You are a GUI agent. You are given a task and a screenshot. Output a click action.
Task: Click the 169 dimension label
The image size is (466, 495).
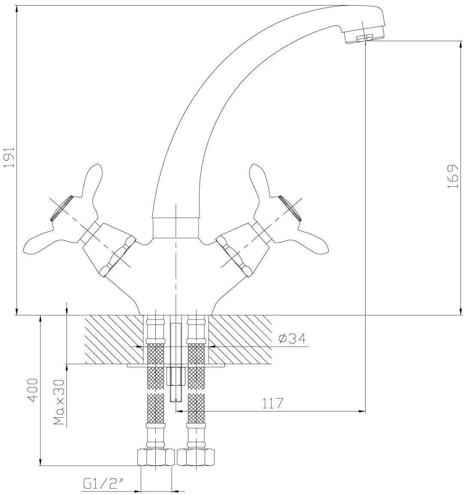click(x=452, y=177)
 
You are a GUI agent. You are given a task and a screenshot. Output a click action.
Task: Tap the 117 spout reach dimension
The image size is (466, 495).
click(x=273, y=404)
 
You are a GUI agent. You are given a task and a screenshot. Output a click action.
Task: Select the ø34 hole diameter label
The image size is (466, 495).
click(x=292, y=339)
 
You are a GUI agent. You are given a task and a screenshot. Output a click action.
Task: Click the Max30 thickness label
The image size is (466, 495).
click(x=59, y=402)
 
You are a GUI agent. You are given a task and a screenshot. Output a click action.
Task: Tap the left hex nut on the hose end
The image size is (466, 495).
click(x=156, y=456)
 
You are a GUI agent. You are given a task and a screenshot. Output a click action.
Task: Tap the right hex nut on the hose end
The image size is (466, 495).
click(x=196, y=456)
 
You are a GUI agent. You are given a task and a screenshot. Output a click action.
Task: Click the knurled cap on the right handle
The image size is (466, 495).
click(x=290, y=208)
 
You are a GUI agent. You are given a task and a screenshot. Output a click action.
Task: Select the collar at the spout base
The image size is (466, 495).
click(x=176, y=227)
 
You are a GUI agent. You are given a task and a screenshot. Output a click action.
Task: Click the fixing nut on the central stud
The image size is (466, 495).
click(x=176, y=376)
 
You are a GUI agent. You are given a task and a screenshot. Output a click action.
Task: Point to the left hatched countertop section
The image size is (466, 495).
click(x=113, y=340)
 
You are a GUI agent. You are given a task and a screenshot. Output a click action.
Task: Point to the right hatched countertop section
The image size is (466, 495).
click(x=240, y=340)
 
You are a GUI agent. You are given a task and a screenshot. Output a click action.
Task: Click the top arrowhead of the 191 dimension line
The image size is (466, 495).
click(x=16, y=9)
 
